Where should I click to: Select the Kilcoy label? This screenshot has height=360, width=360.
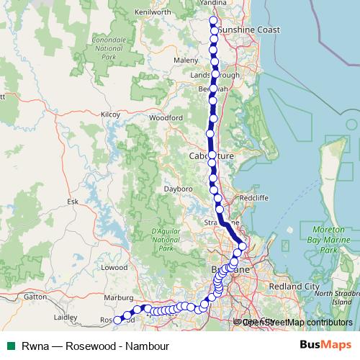click(110, 114)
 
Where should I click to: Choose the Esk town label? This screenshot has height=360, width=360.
click(72, 202)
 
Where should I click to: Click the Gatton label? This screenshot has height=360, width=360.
click(35, 296)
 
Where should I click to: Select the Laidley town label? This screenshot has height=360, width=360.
click(66, 316)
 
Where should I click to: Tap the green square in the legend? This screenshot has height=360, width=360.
click(11, 346)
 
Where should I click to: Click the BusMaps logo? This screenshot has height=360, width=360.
click(325, 346)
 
